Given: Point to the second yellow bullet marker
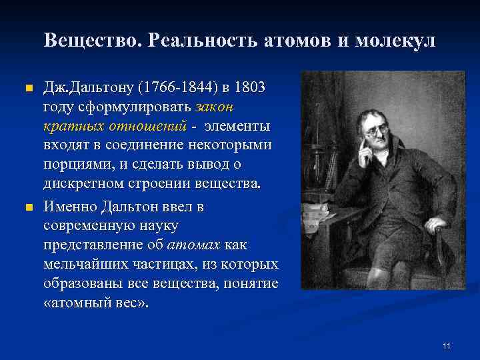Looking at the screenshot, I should click(27, 208).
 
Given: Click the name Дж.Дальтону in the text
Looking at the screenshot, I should click(87, 88).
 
